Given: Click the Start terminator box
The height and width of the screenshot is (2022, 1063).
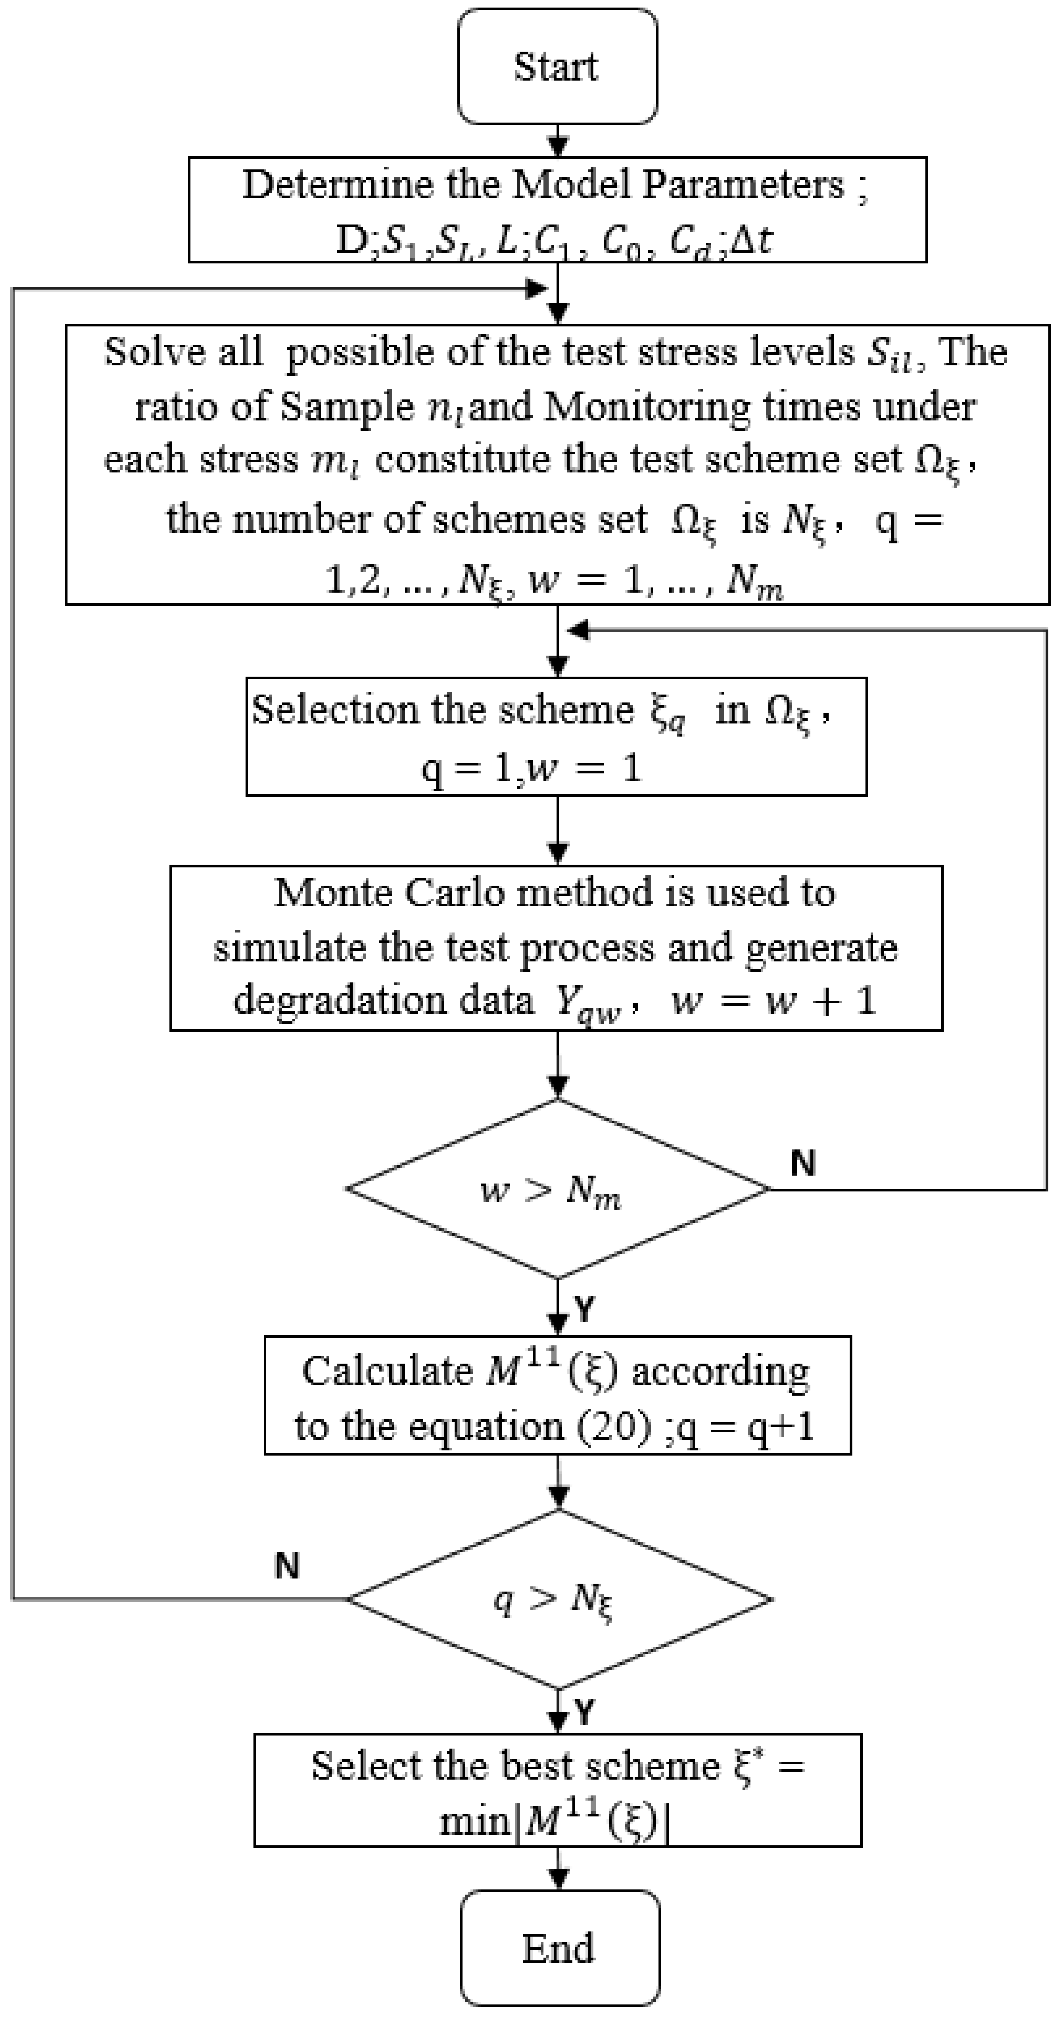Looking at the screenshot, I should [x=557, y=67].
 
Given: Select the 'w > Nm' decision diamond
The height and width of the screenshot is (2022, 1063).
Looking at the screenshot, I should [x=557, y=1189].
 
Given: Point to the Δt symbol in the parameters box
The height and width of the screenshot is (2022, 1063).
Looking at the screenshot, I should [x=751, y=240].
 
